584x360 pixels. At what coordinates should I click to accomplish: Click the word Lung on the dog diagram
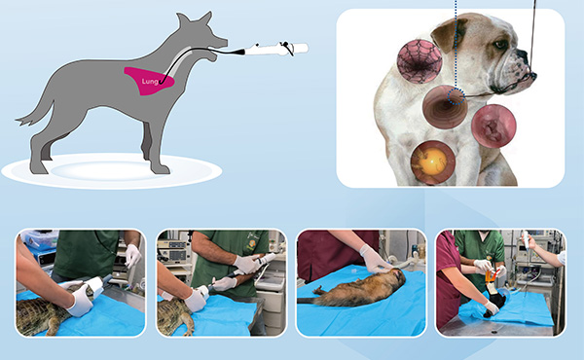(x=150, y=82)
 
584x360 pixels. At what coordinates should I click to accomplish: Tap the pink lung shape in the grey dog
(x=148, y=81)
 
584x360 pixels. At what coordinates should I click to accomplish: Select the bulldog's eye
(x=500, y=45)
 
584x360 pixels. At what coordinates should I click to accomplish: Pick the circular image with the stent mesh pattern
(x=420, y=61)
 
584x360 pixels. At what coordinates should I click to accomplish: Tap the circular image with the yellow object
(x=433, y=162)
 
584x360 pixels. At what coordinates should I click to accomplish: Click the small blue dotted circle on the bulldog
(x=456, y=96)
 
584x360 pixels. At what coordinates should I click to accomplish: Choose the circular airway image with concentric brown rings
(x=445, y=107)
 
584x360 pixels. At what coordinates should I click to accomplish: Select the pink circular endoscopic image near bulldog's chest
(x=493, y=126)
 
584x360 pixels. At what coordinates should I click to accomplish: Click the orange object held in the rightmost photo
(x=491, y=276)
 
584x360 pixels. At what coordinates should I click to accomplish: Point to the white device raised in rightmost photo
(x=526, y=239)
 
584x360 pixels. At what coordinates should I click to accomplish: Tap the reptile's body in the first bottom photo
(x=40, y=312)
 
